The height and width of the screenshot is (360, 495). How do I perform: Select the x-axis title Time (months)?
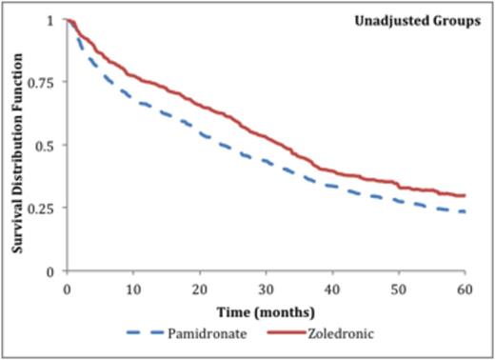click(x=265, y=310)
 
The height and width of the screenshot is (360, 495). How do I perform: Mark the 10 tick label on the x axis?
click(x=132, y=287)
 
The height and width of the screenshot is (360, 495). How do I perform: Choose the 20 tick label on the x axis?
click(x=199, y=287)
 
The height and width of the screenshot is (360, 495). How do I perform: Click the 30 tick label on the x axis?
click(x=266, y=287)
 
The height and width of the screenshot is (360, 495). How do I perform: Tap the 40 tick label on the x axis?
click(x=332, y=287)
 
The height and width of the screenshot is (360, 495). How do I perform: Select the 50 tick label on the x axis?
click(x=399, y=287)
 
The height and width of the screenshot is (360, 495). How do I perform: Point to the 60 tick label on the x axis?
click(x=465, y=287)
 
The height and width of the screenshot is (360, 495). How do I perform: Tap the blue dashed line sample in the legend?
click(x=152, y=332)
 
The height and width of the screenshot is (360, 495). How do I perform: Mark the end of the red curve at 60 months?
click(x=465, y=195)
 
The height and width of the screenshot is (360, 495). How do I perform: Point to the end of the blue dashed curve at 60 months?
click(x=465, y=211)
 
